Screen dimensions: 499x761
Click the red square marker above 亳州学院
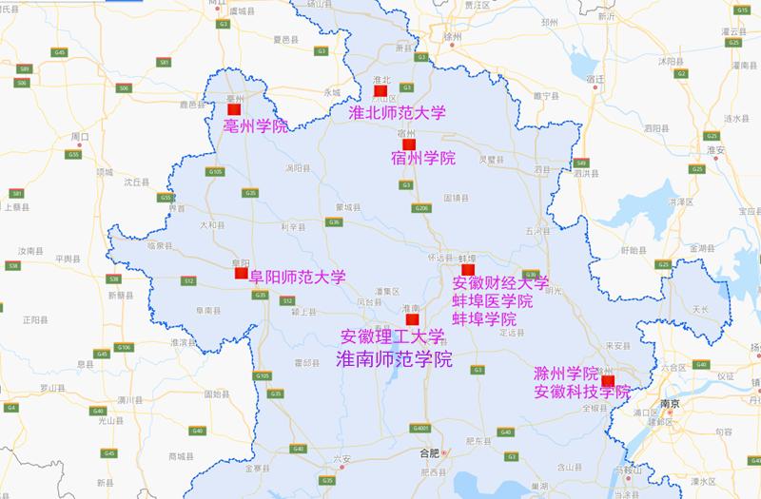(234, 110)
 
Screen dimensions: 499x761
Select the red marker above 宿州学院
(410, 144)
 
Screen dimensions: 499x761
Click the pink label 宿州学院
(422, 158)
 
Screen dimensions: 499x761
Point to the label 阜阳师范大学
(297, 277)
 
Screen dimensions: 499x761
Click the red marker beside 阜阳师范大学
(241, 274)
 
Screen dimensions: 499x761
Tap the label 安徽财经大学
(500, 283)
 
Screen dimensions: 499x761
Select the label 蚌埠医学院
(492, 300)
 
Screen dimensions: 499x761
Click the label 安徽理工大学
(392, 336)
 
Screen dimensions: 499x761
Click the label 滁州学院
(565, 373)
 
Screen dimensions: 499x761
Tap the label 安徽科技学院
(581, 391)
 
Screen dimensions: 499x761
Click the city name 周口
(80, 137)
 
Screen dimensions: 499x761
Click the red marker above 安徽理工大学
(412, 319)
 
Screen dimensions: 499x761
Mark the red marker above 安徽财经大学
(467, 270)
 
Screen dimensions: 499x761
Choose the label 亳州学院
(255, 125)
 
